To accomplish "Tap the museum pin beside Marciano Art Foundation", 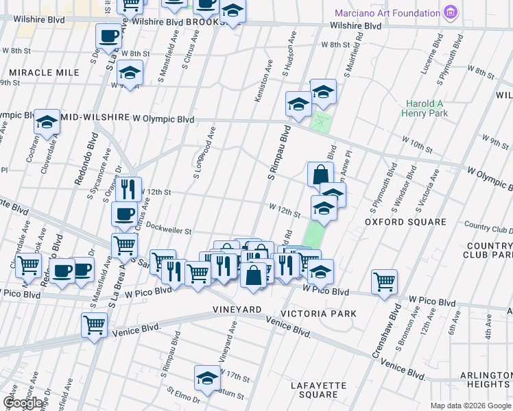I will pyautogui.click(x=450, y=12).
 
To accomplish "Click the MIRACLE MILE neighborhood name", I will pyautogui.click(x=36, y=72).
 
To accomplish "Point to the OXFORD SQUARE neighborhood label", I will pyautogui.click(x=405, y=222).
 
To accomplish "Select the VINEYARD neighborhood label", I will pyautogui.click(x=237, y=310).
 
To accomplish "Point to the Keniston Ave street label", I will pyautogui.click(x=260, y=86).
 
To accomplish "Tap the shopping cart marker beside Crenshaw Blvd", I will pyautogui.click(x=384, y=282).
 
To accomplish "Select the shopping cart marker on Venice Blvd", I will pyautogui.click(x=94, y=324).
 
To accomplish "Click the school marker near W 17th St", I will pyautogui.click(x=206, y=377).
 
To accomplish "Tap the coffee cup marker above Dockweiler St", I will pyautogui.click(x=124, y=214).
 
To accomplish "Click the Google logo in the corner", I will pyautogui.click(x=23, y=403).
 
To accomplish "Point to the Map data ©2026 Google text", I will pyautogui.click(x=470, y=406).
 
